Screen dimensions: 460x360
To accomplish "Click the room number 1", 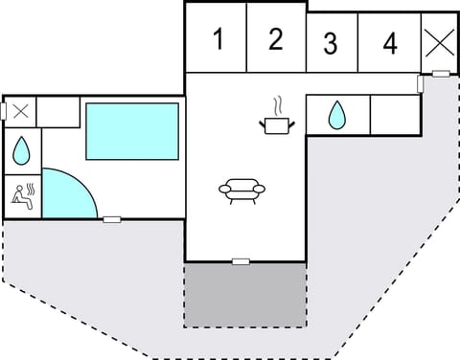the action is pos(218,40).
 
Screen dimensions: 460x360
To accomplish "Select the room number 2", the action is pos(276,39).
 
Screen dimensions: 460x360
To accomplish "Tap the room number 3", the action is pos(331,43).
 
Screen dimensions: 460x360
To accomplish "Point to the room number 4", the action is pos(389,43).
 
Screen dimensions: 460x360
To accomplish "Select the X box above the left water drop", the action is pos(20,111).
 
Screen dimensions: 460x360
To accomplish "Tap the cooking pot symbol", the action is pos(275,123).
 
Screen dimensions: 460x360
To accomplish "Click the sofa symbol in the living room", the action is pos(241,190).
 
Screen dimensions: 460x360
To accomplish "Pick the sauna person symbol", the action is pos(22,195).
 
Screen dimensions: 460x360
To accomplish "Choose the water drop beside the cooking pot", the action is pos(336,116).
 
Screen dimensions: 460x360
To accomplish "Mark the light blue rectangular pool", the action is pos(132,131).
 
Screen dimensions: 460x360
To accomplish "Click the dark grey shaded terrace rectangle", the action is pos(245,294).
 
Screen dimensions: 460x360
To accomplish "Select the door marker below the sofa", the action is pos(241,260).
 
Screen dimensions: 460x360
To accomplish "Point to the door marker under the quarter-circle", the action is pos(112,219).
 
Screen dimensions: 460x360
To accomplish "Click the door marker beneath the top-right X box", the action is pos(441,74).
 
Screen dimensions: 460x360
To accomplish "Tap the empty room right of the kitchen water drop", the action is pos(394,114).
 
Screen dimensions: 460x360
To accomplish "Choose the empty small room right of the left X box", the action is pos(58,111).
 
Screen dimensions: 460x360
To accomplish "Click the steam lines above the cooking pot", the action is pos(277,103).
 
